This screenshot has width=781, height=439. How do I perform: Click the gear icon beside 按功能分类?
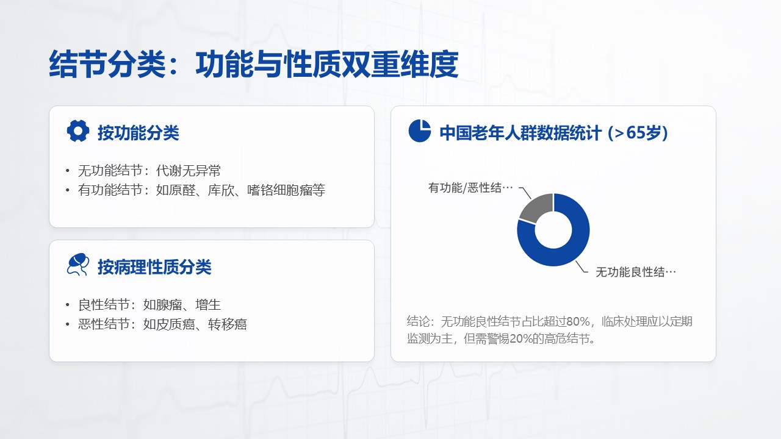point(77,131)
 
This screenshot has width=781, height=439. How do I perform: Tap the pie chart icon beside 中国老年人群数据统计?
point(419,130)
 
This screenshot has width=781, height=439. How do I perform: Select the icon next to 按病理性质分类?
point(77,265)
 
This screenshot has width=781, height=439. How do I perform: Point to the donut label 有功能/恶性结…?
point(470,188)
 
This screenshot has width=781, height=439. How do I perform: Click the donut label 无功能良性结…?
point(636,272)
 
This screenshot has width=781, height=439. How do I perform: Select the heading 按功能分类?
point(138,133)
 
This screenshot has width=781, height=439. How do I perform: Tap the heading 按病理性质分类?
point(154,267)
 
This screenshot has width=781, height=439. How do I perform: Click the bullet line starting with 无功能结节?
point(149,171)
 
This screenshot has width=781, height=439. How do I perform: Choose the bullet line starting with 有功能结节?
point(201,190)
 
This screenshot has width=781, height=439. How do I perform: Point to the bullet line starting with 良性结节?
point(149,305)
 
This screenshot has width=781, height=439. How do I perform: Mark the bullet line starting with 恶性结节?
point(162,324)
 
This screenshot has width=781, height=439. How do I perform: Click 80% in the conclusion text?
point(578,321)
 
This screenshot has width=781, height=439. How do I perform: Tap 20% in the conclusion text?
point(521,338)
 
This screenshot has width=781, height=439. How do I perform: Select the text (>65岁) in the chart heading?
point(638,133)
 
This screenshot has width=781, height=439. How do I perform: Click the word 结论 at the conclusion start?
point(418,321)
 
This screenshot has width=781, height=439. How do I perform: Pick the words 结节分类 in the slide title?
point(107,64)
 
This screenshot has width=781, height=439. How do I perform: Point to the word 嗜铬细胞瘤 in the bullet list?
point(279,190)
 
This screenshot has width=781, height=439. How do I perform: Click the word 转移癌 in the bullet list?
point(228,324)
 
